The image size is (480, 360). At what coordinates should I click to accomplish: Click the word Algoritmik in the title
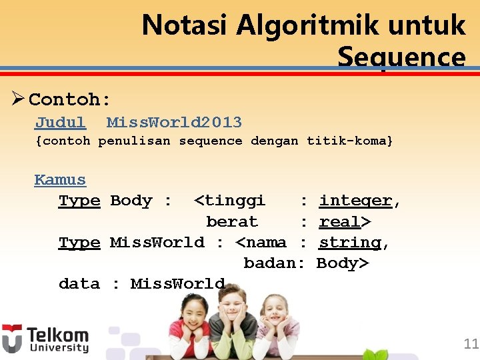285,25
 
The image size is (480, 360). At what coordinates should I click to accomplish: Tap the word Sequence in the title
401,57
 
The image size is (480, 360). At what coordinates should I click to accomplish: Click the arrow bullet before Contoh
18,99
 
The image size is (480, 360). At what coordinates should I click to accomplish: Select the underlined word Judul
60,123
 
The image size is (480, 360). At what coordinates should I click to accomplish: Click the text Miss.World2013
174,123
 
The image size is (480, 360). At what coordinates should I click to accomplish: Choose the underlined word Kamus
60,179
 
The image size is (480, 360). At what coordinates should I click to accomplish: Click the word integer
355,201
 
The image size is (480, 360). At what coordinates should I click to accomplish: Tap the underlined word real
342,221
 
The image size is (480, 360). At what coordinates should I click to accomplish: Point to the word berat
232,221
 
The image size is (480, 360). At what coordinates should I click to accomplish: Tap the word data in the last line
79,283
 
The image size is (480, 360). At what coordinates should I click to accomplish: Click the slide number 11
471,344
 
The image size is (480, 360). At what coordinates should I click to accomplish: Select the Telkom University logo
45,339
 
